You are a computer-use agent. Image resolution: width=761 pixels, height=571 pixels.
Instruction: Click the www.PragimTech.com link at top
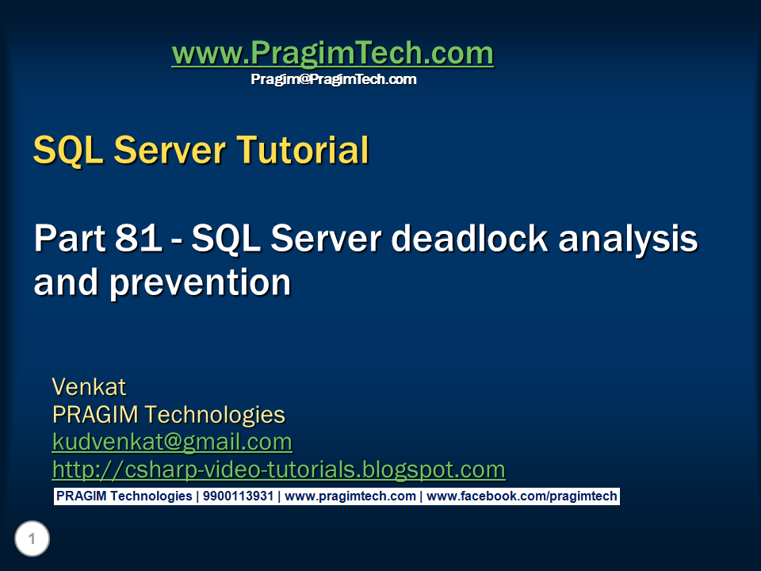pyautogui.click(x=333, y=53)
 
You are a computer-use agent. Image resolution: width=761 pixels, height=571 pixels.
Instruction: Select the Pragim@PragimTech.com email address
pyautogui.click(x=334, y=79)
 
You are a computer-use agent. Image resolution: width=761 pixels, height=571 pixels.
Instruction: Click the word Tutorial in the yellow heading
pyautogui.click(x=303, y=150)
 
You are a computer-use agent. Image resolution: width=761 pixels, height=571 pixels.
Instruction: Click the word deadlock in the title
pyautogui.click(x=470, y=238)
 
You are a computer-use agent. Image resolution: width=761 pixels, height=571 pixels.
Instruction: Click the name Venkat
pyautogui.click(x=89, y=387)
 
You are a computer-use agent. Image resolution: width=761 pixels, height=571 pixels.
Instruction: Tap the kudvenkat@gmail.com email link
pyautogui.click(x=172, y=443)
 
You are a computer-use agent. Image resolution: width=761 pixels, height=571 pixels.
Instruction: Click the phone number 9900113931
pyautogui.click(x=239, y=496)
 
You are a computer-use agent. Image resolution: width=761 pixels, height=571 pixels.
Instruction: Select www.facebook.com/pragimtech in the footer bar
pyautogui.click(x=522, y=496)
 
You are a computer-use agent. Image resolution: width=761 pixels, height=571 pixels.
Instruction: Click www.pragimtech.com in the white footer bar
pyautogui.click(x=350, y=496)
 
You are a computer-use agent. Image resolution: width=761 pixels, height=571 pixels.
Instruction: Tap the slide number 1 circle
pyautogui.click(x=32, y=538)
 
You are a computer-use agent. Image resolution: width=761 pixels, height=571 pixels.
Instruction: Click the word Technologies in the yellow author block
pyautogui.click(x=215, y=416)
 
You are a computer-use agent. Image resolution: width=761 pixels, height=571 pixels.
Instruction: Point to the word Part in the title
pyautogui.click(x=69, y=238)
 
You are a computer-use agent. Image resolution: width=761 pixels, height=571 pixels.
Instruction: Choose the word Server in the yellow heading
pyautogui.click(x=170, y=150)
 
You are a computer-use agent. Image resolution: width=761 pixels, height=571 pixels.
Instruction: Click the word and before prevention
pyautogui.click(x=66, y=282)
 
